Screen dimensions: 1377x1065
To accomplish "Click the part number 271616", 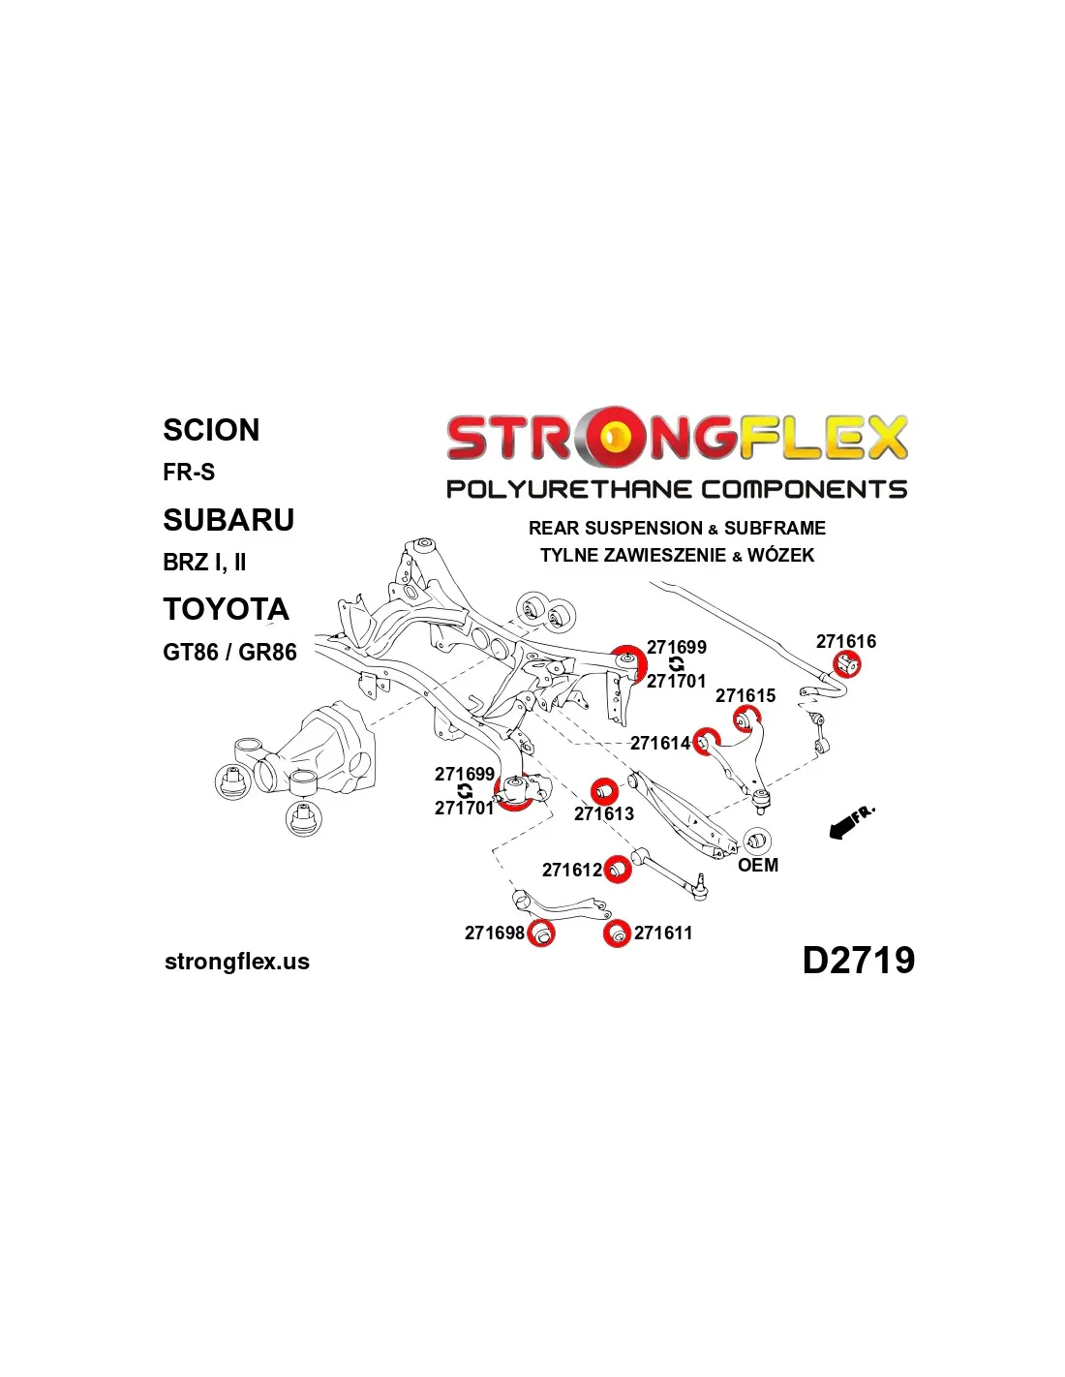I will pos(845,641).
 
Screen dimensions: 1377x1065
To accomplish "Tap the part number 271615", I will pos(745,695).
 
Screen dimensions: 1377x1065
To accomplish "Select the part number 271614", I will pos(659,743).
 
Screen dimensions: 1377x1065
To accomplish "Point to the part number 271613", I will pos(604,813).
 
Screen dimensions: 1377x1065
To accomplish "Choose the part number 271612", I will pos(571,870).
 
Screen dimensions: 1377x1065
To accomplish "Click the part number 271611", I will pos(663,933).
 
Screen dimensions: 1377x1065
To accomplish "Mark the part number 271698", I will pos(494,933).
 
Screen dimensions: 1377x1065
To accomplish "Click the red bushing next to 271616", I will pos(847,664).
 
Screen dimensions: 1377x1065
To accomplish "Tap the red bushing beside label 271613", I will pos(604,790).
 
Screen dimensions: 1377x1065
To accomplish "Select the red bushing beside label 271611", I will pos(617,933).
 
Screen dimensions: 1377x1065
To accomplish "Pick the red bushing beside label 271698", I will pos(541,933).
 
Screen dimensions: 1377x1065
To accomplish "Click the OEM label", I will pos(758,865).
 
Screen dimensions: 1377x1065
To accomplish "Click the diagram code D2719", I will pos(858,960).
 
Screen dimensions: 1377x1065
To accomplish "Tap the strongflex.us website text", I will pos(237,962).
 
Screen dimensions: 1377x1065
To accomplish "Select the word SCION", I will pos(211,430).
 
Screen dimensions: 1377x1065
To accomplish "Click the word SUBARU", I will pos(228,520).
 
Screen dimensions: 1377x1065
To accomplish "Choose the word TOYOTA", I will pos(226,609).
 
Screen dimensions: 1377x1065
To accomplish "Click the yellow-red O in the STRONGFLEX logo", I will pos(612,438).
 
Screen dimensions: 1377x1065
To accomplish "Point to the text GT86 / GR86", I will pos(229,652).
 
